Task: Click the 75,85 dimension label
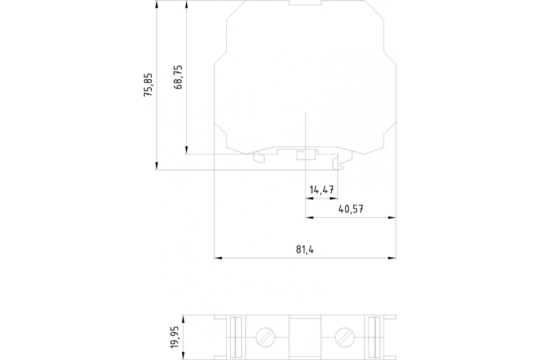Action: tap(148, 85)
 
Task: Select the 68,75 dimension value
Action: tap(178, 77)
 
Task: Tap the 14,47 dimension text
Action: tap(322, 190)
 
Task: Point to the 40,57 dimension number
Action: tap(351, 209)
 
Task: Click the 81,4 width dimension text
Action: tap(305, 249)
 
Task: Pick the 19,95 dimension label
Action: tap(175, 337)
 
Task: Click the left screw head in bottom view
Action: tap(265, 337)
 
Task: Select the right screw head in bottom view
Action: tap(345, 337)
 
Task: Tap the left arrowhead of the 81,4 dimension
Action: tap(218, 258)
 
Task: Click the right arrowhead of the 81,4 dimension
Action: tap(392, 258)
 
